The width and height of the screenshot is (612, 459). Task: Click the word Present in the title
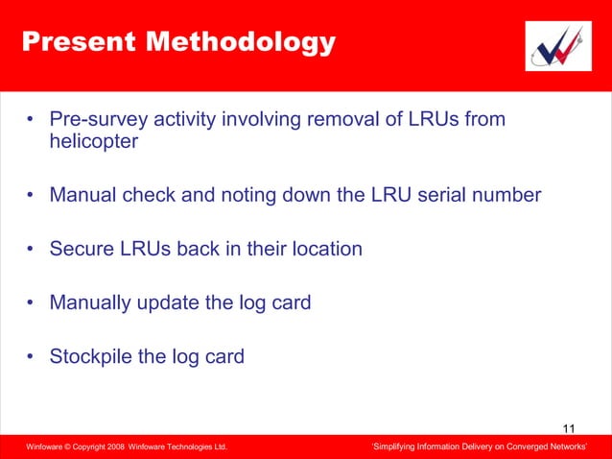point(71,42)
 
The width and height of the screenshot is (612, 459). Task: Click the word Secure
point(82,250)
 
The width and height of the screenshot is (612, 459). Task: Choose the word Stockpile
point(92,357)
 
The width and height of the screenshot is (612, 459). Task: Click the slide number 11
point(570,428)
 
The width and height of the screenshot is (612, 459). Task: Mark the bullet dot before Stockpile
point(31,358)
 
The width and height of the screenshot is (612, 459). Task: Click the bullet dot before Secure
point(31,251)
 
